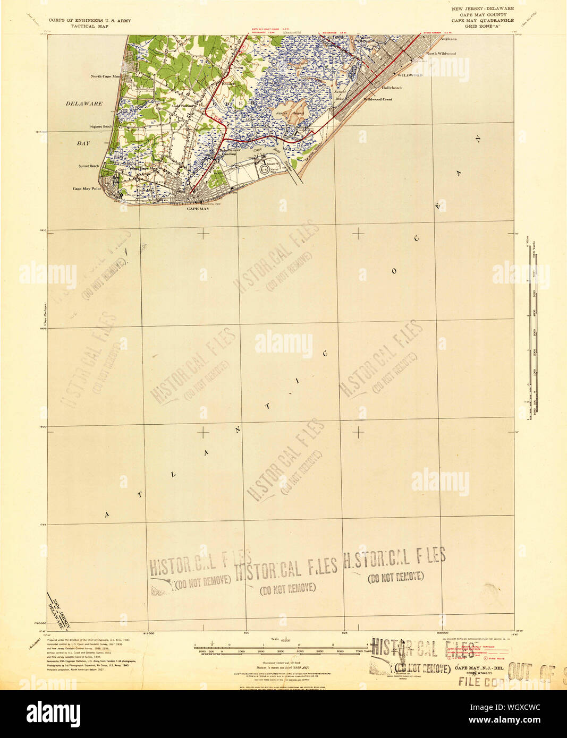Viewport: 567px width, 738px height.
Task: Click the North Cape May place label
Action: (105, 76)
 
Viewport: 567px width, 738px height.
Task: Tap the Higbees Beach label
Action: (100, 126)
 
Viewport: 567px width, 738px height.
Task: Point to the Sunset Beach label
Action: (89, 166)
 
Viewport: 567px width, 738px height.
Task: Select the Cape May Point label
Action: (87, 189)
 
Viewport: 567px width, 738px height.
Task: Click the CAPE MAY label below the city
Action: (198, 209)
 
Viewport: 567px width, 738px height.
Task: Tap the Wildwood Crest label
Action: (378, 99)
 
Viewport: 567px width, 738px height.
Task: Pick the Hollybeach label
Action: (392, 88)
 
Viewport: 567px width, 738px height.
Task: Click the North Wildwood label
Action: (441, 54)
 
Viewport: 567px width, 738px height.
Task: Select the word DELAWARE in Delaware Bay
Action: (84, 104)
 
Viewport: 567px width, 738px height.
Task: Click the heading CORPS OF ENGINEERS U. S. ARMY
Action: (90, 21)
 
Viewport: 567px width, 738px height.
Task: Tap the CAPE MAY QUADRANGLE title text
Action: (482, 21)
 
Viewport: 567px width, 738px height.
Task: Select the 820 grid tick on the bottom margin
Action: (246, 633)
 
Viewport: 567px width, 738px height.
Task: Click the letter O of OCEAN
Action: (394, 271)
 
